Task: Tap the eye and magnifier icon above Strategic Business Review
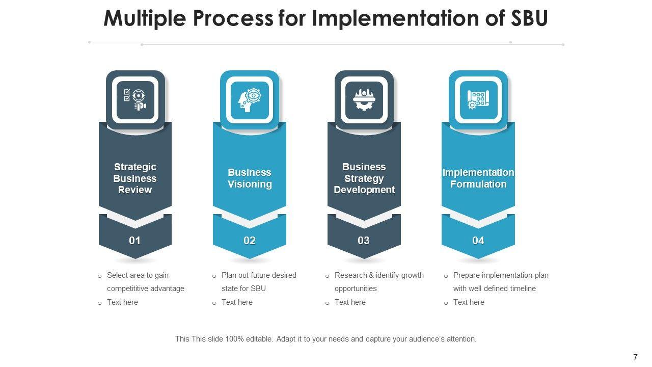pos(135,99)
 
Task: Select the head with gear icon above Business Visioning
pos(250,99)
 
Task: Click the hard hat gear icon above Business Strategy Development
pos(364,99)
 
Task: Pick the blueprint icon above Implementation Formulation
pos(478,99)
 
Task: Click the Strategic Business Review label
pos(135,178)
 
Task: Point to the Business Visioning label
pos(250,178)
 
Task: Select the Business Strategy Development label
pos(364,178)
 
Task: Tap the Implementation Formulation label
pos(478,178)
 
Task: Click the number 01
pos(135,241)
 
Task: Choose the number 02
pos(250,241)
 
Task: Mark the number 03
pos(364,241)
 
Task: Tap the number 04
pos(478,241)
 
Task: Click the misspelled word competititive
pos(128,289)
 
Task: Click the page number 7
pos(635,357)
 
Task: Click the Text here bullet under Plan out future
pos(237,302)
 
